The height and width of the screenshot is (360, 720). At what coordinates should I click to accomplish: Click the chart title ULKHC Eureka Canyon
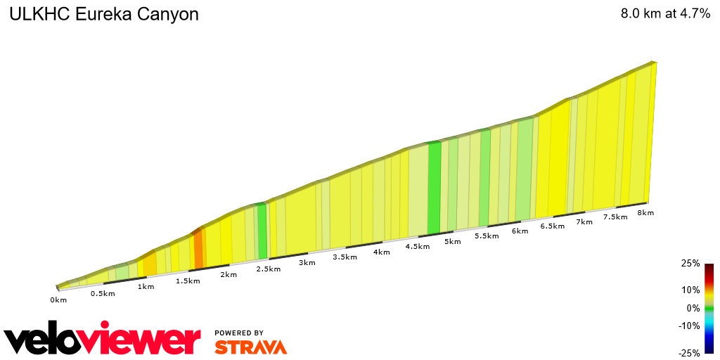[103, 14]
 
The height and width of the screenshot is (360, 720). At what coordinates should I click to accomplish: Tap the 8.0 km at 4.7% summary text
[665, 14]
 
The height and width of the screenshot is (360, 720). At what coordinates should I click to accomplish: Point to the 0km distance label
[58, 300]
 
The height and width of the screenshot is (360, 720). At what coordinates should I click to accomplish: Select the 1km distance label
[146, 287]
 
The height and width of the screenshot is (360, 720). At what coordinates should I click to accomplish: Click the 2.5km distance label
[269, 269]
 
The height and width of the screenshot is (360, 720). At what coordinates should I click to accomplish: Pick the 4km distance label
[382, 252]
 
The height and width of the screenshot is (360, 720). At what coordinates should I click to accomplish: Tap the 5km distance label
[452, 242]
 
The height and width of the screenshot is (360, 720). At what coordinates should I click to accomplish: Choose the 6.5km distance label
[552, 226]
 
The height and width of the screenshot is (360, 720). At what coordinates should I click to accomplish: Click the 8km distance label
[645, 212]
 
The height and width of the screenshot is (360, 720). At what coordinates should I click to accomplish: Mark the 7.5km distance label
[615, 217]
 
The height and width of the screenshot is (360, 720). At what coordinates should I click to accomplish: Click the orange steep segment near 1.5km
[198, 249]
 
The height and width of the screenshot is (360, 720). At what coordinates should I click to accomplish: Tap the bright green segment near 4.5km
[434, 188]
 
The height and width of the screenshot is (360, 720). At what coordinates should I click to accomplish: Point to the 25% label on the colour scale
[690, 264]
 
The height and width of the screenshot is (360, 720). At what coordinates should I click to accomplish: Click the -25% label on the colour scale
[689, 354]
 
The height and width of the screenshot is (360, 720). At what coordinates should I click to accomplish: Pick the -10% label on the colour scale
[689, 326]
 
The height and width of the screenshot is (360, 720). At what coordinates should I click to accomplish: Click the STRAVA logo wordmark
[250, 347]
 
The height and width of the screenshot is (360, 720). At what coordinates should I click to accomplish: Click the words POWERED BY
[239, 333]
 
